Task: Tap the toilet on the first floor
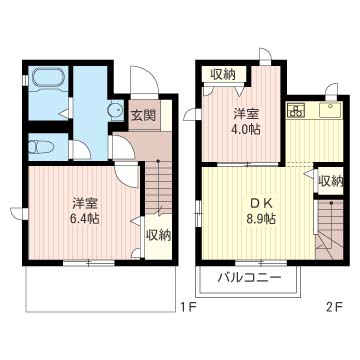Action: (41, 147)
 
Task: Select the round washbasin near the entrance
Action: (116, 111)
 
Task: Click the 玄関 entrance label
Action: (143, 114)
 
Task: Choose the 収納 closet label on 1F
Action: (158, 235)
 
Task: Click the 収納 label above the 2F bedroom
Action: (222, 73)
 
